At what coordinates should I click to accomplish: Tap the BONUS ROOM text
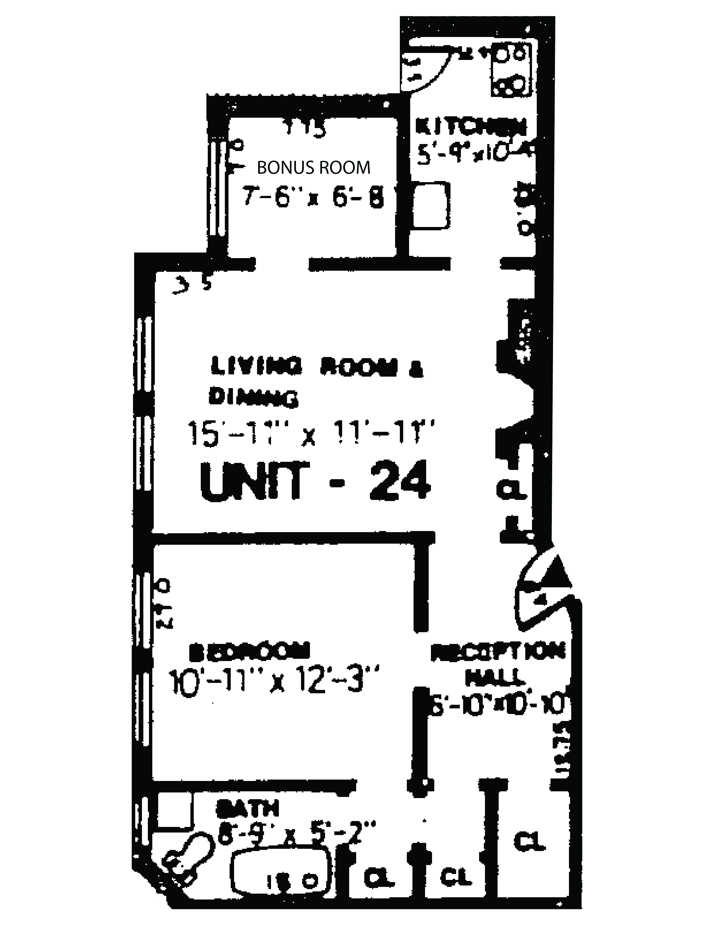pos(314,168)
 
